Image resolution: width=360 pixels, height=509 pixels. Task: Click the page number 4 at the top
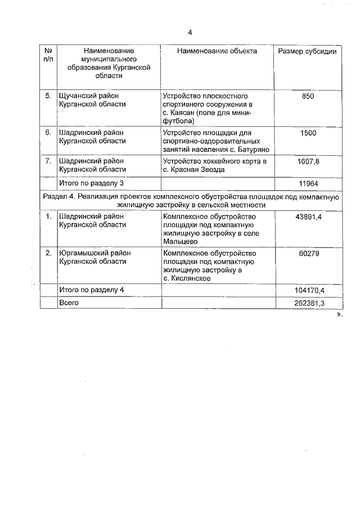click(190, 31)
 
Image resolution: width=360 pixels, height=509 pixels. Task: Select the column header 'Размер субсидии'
click(308, 51)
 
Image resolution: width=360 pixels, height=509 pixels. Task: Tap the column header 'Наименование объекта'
click(217, 51)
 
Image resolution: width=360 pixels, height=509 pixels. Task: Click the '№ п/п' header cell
click(48, 55)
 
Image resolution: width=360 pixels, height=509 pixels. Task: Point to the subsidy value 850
click(308, 96)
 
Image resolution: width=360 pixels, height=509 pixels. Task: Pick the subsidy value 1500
click(308, 133)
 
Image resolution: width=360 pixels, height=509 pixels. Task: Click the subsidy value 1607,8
click(308, 161)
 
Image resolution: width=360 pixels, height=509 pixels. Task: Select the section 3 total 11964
click(308, 183)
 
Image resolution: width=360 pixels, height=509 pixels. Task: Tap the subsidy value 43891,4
click(308, 217)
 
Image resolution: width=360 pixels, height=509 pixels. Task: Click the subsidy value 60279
click(308, 254)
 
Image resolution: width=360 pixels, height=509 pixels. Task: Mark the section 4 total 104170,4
click(309, 290)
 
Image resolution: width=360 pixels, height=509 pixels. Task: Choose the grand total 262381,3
click(309, 303)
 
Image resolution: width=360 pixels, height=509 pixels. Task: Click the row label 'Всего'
click(69, 303)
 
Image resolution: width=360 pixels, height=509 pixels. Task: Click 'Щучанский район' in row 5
click(89, 96)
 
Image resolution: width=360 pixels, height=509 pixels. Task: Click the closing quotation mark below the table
click(339, 316)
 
